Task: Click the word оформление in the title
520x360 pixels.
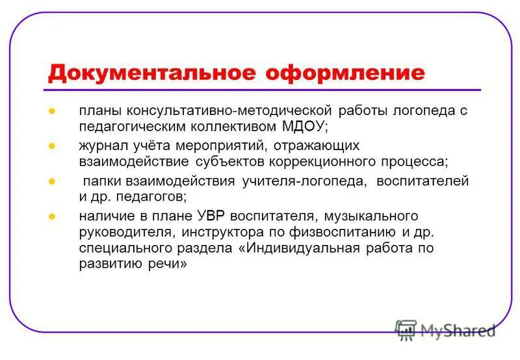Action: point(344,71)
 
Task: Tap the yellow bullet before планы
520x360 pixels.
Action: point(51,110)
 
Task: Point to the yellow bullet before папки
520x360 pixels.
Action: point(51,181)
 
